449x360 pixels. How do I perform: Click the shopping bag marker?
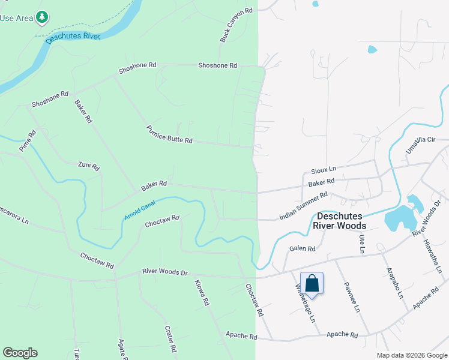tap(312, 283)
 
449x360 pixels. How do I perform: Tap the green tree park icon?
tap(41, 17)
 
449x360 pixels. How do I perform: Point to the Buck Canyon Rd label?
tap(236, 25)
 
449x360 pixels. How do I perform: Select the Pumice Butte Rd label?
tap(169, 134)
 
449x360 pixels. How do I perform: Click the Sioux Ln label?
tap(324, 170)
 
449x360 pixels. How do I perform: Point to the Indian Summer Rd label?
tap(303, 206)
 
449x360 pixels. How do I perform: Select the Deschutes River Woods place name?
tap(340, 220)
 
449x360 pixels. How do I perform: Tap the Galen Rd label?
tap(302, 248)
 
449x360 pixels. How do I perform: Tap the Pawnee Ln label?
tap(351, 300)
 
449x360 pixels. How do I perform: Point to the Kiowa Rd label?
tap(202, 293)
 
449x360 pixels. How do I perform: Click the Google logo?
tap(20, 353)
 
